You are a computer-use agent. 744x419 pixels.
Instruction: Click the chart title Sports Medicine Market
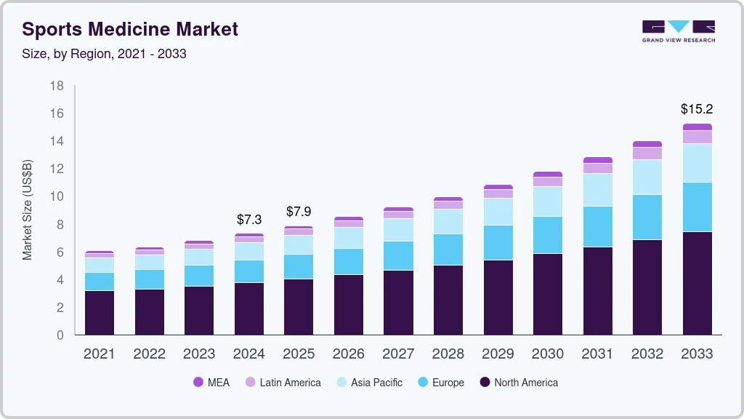(x=130, y=29)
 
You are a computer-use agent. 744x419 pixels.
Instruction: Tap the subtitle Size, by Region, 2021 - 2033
(x=104, y=54)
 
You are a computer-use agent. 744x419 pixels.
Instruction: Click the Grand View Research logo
(x=679, y=31)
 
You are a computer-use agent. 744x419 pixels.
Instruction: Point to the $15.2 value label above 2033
(x=697, y=109)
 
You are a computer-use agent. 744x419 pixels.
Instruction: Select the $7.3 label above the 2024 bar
(x=249, y=219)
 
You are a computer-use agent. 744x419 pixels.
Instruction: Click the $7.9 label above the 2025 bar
(x=299, y=212)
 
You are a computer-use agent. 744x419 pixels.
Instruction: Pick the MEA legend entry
(x=211, y=383)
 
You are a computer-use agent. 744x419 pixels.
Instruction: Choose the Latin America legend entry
(x=283, y=383)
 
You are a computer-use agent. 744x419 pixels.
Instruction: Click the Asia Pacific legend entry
(x=368, y=383)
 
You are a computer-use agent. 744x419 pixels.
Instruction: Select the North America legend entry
(x=518, y=383)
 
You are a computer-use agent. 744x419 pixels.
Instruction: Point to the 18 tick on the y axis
(x=57, y=86)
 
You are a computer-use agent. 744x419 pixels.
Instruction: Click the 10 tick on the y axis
(x=57, y=196)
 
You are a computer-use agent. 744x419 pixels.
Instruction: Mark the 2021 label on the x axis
(x=100, y=354)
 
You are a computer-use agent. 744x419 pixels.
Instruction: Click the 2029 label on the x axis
(x=498, y=354)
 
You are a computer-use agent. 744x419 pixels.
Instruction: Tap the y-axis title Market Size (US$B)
(x=27, y=210)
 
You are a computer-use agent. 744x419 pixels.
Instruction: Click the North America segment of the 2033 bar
(x=697, y=283)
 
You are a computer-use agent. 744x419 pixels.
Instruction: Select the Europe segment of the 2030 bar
(x=548, y=235)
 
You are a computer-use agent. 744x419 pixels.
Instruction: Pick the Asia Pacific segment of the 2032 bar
(x=647, y=177)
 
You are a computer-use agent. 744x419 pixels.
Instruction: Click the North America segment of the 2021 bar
(x=100, y=313)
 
